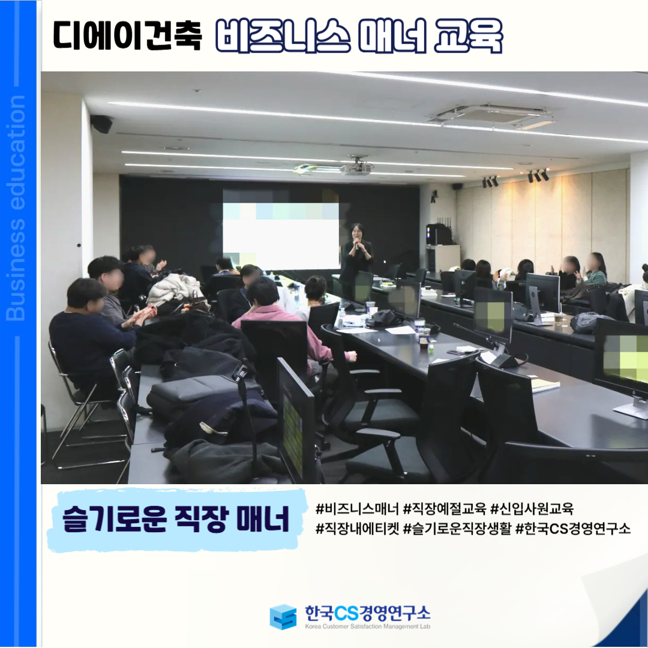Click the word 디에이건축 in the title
point(127,35)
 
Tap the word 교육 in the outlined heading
point(468,35)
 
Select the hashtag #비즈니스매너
point(358,509)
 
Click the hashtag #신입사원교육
point(532,509)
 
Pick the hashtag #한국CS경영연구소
point(573,529)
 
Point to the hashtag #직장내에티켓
point(358,529)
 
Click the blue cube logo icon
point(283,617)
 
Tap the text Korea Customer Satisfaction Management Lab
point(368,626)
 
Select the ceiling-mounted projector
point(355,167)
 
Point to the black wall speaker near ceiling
point(101,124)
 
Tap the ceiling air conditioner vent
point(492,115)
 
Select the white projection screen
point(281,236)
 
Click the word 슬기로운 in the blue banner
point(115,519)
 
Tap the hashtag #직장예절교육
point(445,509)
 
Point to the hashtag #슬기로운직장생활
point(457,529)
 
